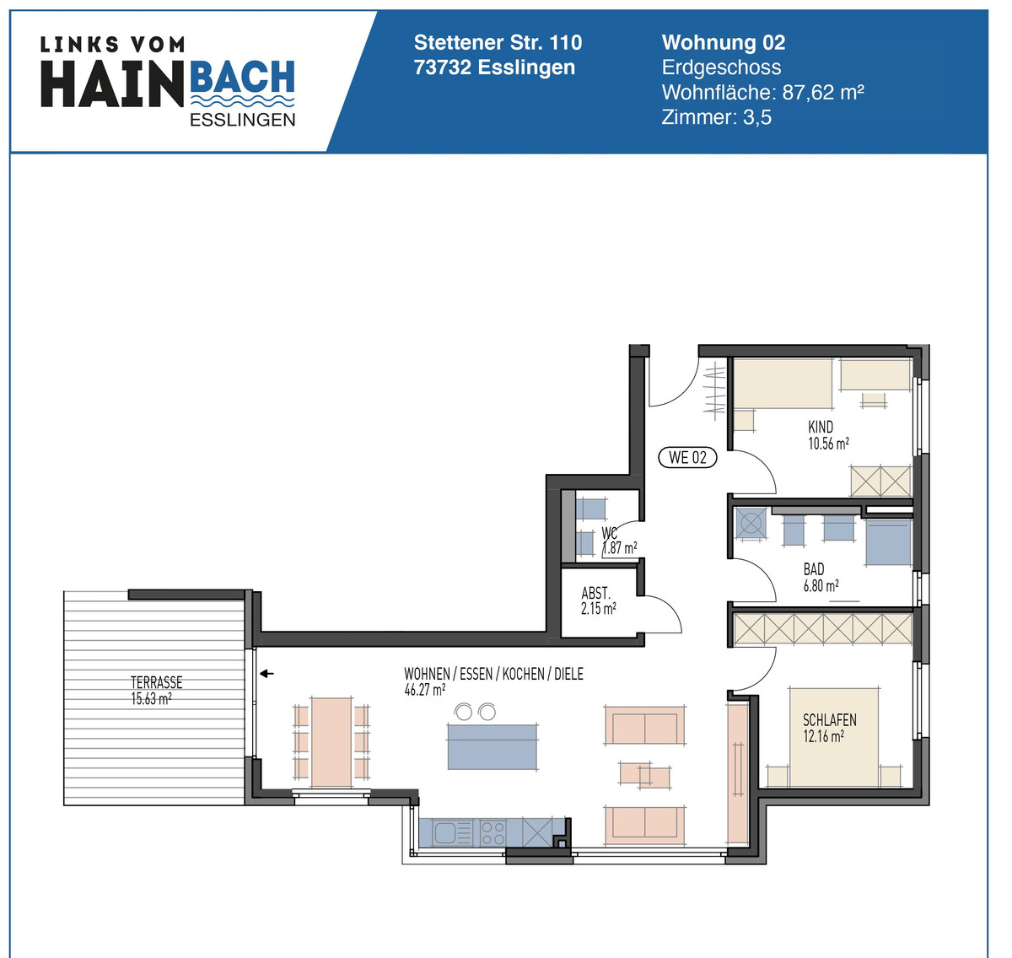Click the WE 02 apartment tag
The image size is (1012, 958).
687,457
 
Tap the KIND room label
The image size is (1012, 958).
821,427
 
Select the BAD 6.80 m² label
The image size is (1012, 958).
820,578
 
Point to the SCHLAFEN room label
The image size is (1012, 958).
829,720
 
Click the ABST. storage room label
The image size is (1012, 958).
595,594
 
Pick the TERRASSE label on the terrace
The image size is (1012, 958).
156,682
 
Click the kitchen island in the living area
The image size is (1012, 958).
493,746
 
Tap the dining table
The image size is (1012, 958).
331,742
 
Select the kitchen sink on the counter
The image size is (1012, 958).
454,833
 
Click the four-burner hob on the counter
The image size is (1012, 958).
493,833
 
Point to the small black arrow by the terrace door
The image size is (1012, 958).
266,673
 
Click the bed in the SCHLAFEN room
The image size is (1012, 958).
833,737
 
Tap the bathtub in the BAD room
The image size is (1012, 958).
888,542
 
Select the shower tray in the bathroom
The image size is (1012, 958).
751,523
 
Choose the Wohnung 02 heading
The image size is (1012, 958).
724,42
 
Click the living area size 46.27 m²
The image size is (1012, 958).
425,690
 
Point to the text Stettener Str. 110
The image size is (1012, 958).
498,42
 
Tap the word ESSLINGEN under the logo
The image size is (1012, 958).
243,120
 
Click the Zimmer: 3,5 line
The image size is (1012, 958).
716,117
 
